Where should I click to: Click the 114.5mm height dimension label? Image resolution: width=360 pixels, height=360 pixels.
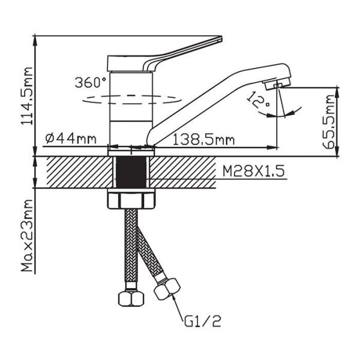pos(27,96)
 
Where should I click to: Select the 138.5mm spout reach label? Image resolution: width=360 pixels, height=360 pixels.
pos(203,140)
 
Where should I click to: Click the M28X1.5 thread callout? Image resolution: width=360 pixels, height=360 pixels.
pos(254,171)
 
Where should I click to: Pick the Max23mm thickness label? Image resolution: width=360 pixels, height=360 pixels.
pos(27,235)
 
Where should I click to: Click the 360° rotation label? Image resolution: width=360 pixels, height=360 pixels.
pos(91,82)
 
